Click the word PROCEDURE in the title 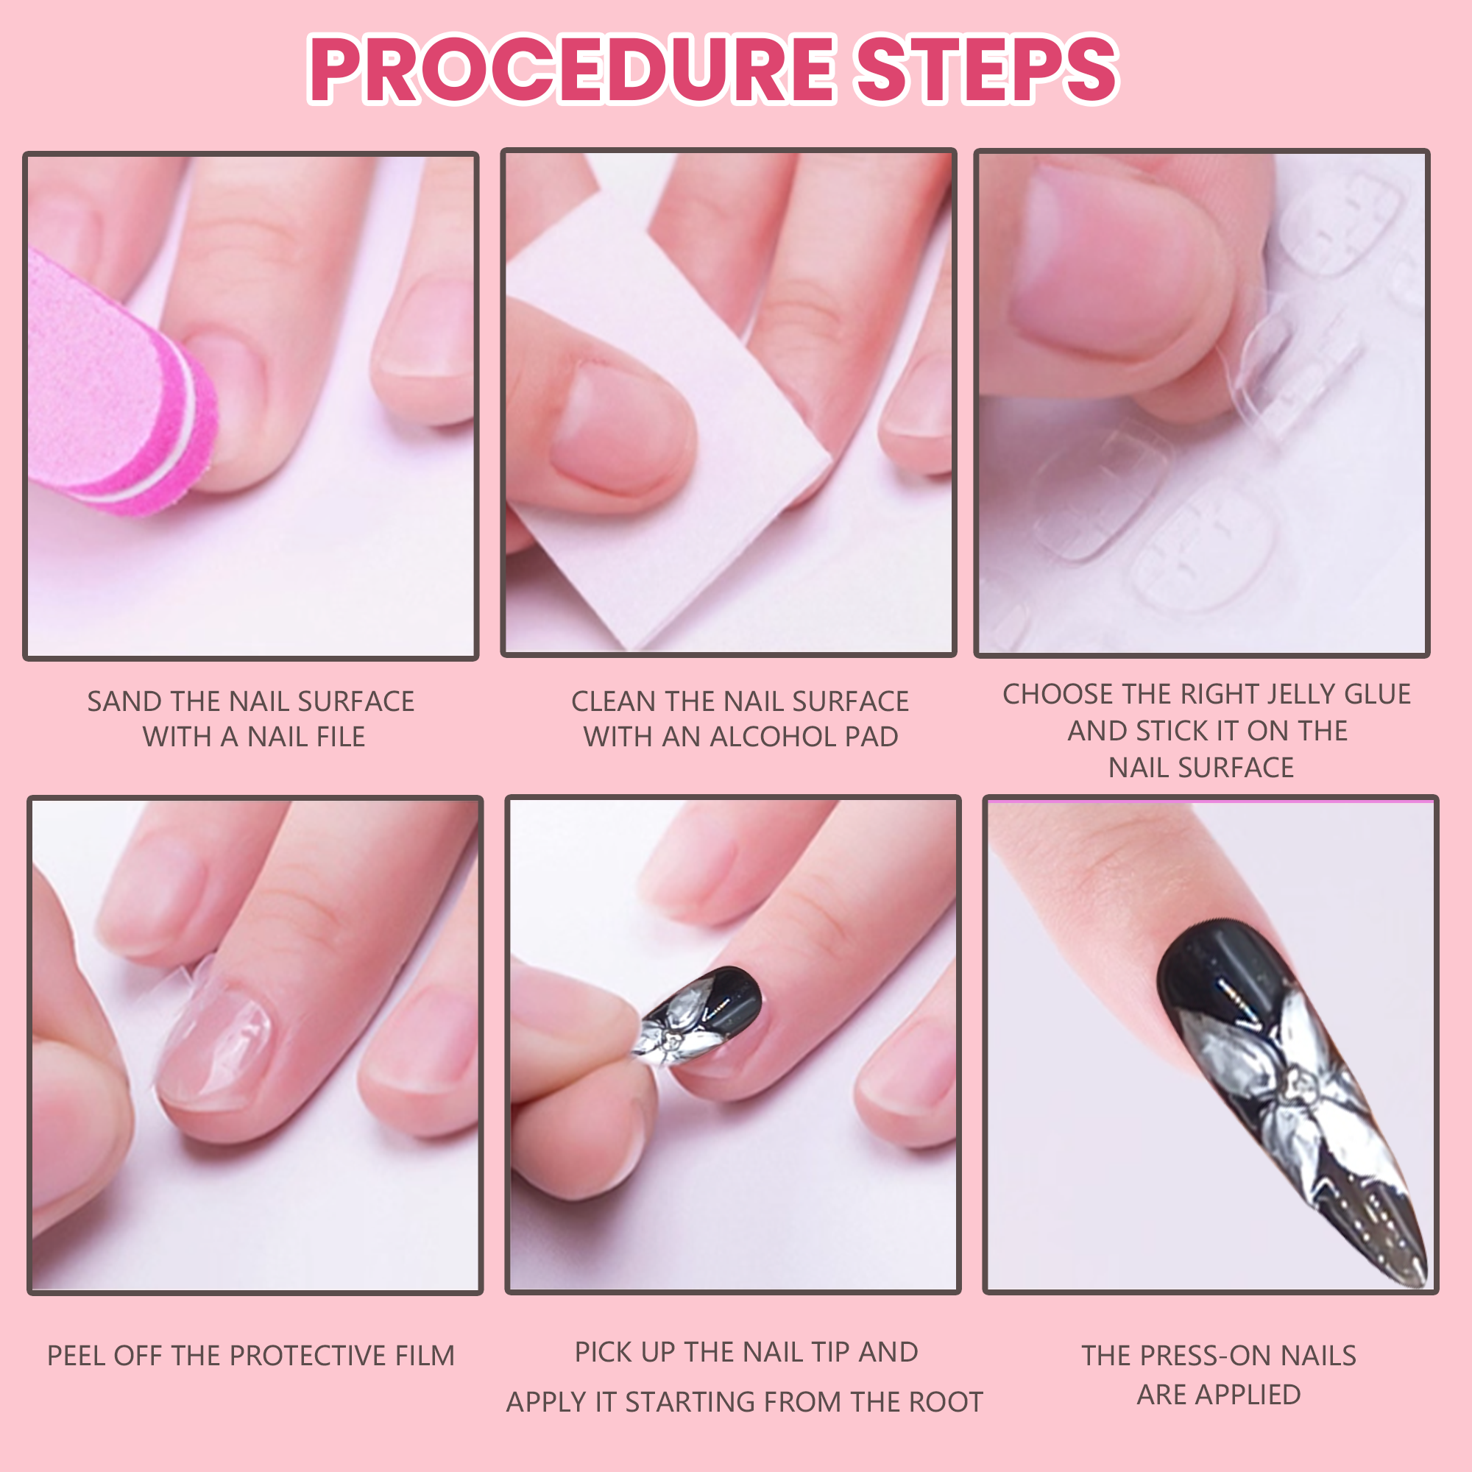tap(572, 69)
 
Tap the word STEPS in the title tap(988, 69)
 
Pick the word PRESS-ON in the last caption tap(1206, 1356)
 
